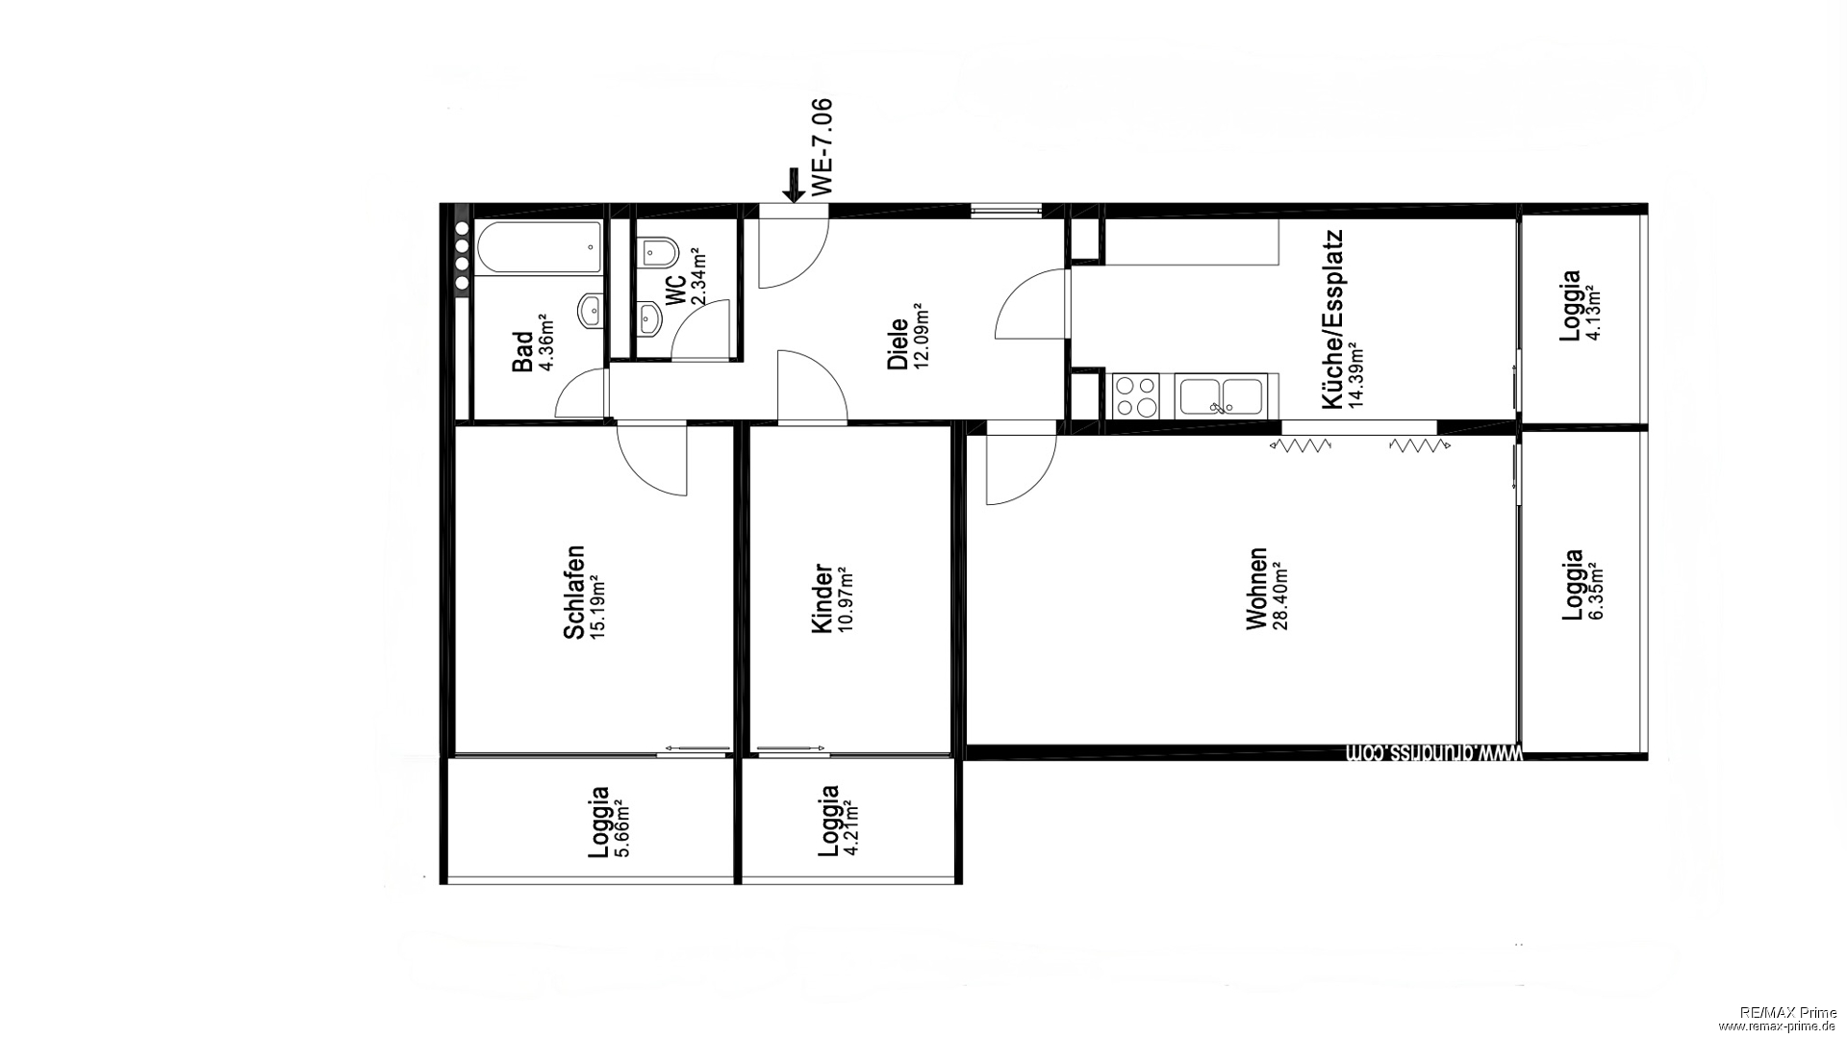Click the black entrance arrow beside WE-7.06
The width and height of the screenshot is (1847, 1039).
(x=794, y=185)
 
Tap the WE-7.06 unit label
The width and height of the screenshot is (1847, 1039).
(x=822, y=147)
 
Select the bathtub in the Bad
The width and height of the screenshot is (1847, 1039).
(x=541, y=249)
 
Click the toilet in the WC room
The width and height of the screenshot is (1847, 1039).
(x=659, y=253)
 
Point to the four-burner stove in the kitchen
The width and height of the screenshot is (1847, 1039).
(x=1137, y=395)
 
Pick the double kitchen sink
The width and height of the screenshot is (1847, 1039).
(x=1221, y=395)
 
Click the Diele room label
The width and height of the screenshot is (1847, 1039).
(x=898, y=344)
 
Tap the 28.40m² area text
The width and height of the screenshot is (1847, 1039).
(x=1279, y=596)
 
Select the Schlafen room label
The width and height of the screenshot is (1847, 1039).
(x=574, y=593)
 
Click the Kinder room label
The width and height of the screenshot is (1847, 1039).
(x=822, y=598)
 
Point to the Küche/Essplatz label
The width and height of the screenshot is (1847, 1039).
(x=1332, y=319)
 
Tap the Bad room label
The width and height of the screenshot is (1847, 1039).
(x=522, y=352)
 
